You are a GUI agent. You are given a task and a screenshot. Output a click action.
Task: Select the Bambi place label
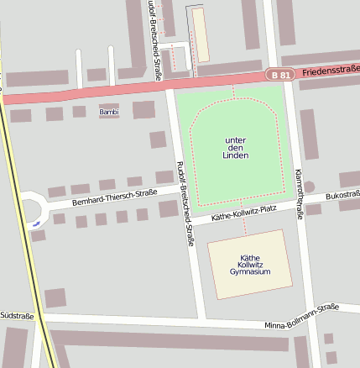tap(109, 112)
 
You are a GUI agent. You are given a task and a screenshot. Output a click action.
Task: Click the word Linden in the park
tap(236, 156)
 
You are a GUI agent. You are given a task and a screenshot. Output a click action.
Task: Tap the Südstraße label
tap(17, 316)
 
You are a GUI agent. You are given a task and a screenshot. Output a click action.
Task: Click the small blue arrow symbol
tap(35, 224)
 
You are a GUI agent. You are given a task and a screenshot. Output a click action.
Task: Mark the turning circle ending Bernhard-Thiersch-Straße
tap(31, 208)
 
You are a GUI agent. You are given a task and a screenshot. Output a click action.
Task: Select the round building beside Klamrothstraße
tap(309, 187)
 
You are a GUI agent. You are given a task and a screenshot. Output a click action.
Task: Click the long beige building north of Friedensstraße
tap(201, 34)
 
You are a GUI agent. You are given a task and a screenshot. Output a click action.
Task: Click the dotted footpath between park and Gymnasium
tap(245, 220)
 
